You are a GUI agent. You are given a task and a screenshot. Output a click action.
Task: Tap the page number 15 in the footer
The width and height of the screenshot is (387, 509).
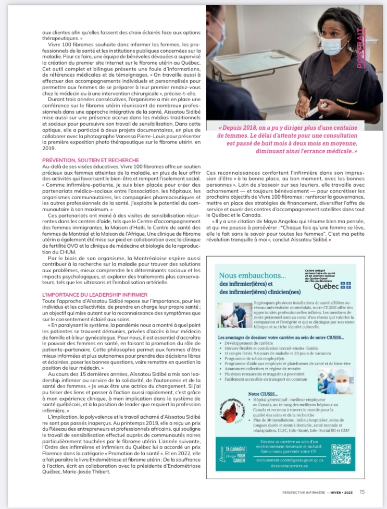(362, 491)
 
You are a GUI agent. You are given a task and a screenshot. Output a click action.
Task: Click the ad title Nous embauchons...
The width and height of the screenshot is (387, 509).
(253, 276)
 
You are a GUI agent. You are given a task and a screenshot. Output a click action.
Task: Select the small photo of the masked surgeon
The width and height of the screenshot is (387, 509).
(335, 380)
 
